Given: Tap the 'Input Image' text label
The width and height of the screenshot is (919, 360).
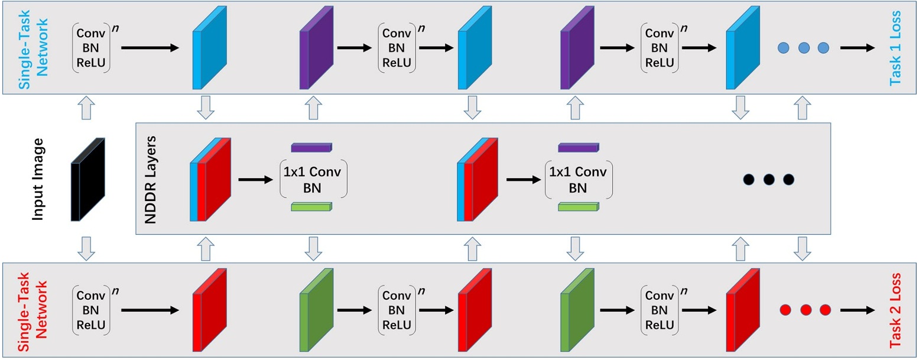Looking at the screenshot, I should [x=38, y=179].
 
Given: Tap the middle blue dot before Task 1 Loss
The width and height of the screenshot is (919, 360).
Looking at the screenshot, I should [x=803, y=48].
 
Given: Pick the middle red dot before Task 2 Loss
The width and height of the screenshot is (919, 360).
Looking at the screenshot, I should [x=803, y=310].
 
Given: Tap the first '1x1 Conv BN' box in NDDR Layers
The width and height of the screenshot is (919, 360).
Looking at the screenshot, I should [x=313, y=179].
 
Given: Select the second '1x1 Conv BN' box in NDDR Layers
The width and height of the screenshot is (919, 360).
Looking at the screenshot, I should [x=579, y=179].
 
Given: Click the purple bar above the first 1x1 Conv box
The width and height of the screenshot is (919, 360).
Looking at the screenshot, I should [x=312, y=148].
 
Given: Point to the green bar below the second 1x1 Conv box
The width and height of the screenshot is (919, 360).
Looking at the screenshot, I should [x=578, y=206].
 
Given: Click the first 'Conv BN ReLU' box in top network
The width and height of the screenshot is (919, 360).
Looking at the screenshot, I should [x=92, y=48].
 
